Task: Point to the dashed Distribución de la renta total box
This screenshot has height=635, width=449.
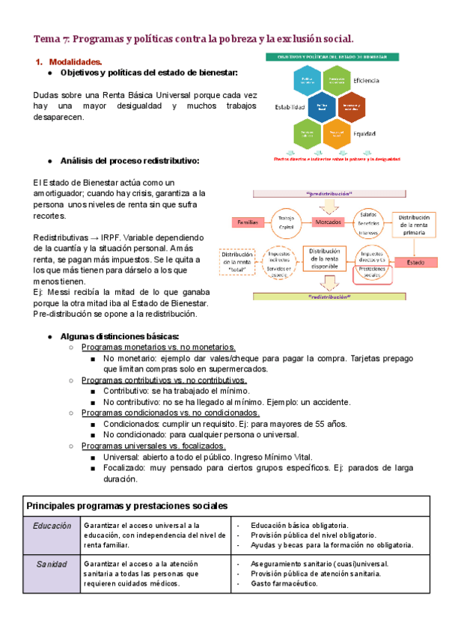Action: point(237,262)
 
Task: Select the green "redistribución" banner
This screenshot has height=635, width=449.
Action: point(328,297)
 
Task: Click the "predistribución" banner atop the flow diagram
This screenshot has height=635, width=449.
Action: point(328,194)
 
